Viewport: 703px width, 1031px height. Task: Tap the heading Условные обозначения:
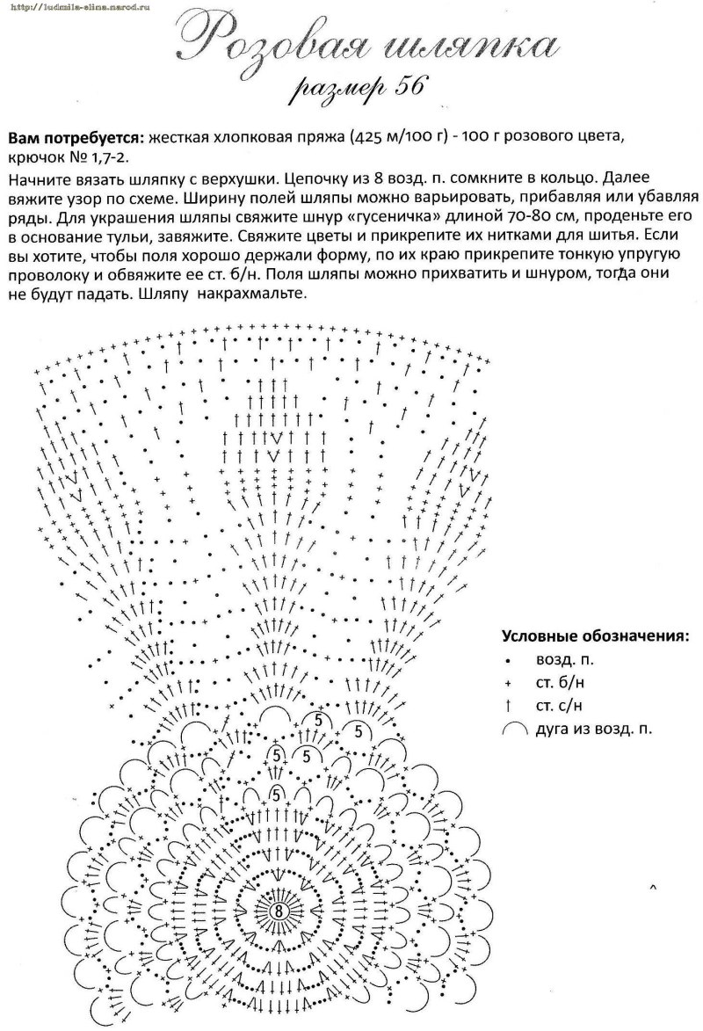click(595, 636)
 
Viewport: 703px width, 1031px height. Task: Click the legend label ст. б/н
click(559, 681)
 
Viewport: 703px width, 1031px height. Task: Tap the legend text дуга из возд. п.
click(595, 728)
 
